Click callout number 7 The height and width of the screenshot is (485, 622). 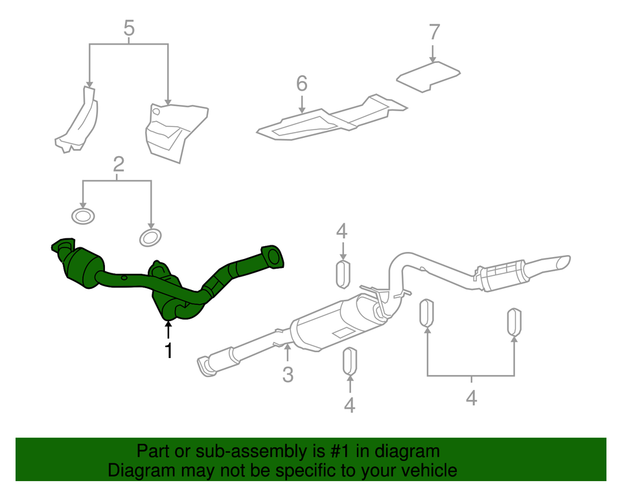[x=434, y=32]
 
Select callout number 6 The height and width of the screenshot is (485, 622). [x=301, y=83]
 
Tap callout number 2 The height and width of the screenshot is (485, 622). [x=118, y=165]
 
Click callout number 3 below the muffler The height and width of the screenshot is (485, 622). [x=288, y=374]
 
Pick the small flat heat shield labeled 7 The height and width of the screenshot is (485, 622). [x=429, y=76]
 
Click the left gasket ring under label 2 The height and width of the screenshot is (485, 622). [x=82, y=216]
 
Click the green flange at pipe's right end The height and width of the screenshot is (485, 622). [x=272, y=256]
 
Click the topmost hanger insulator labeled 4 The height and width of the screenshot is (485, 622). [x=343, y=273]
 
